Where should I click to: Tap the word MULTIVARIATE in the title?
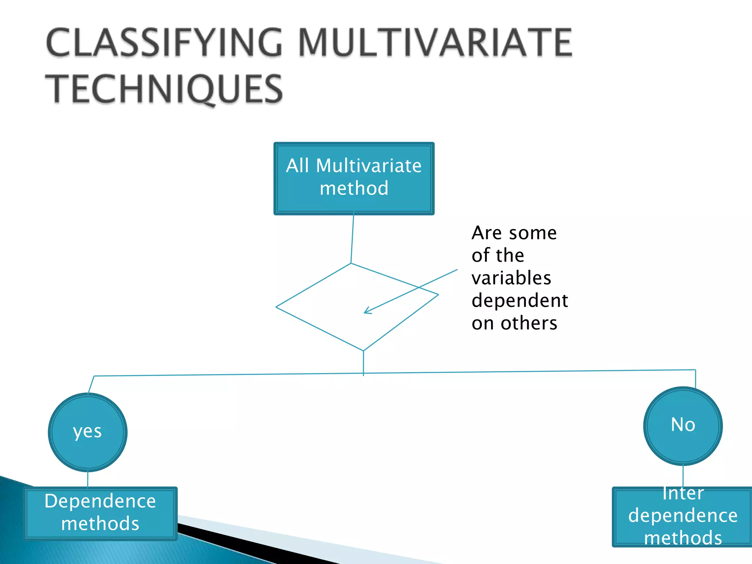pyautogui.click(x=435, y=43)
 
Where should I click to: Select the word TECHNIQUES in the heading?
pyautogui.click(x=164, y=89)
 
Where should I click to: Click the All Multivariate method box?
pyautogui.click(x=354, y=178)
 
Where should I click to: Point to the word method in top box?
pyautogui.click(x=354, y=188)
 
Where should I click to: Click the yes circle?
pyautogui.click(x=88, y=432)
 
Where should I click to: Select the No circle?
pyautogui.click(x=683, y=426)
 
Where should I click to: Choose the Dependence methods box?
pyautogui.click(x=101, y=513)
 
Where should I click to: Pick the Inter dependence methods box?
pyautogui.click(x=682, y=517)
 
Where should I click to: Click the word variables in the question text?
pyautogui.click(x=511, y=278)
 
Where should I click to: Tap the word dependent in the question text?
pyautogui.click(x=520, y=301)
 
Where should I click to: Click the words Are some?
pyautogui.click(x=514, y=233)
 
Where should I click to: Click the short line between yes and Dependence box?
pyautogui.click(x=88, y=480)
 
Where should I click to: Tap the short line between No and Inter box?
pyautogui.click(x=683, y=476)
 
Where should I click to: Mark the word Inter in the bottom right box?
pyautogui.click(x=683, y=493)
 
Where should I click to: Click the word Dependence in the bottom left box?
pyautogui.click(x=100, y=501)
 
